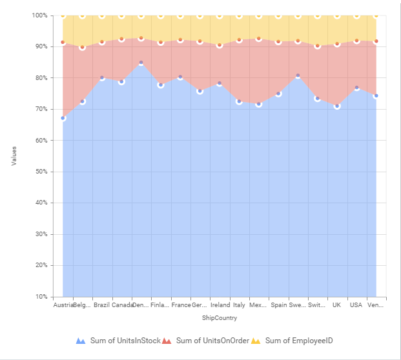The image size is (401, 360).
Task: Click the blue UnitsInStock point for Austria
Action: [x=63, y=118]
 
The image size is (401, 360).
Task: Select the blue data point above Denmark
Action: [x=141, y=63]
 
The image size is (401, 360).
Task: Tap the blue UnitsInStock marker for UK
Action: [x=337, y=106]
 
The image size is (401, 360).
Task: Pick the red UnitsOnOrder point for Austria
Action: [x=63, y=42]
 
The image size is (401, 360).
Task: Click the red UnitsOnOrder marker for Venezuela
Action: [x=376, y=41]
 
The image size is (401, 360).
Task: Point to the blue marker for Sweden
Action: [x=298, y=75]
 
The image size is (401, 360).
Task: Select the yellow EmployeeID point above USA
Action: [x=356, y=15]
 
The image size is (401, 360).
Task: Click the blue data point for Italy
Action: [x=239, y=101]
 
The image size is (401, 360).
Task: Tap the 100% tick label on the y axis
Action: [x=39, y=15]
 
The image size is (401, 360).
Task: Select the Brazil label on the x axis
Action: [x=101, y=305]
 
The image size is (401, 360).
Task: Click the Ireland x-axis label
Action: [x=220, y=305]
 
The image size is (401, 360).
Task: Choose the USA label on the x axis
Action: [x=356, y=305]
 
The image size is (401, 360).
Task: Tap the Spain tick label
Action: [x=278, y=305]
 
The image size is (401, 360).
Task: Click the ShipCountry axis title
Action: [x=219, y=318]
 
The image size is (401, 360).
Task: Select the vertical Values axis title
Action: [x=14, y=155]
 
